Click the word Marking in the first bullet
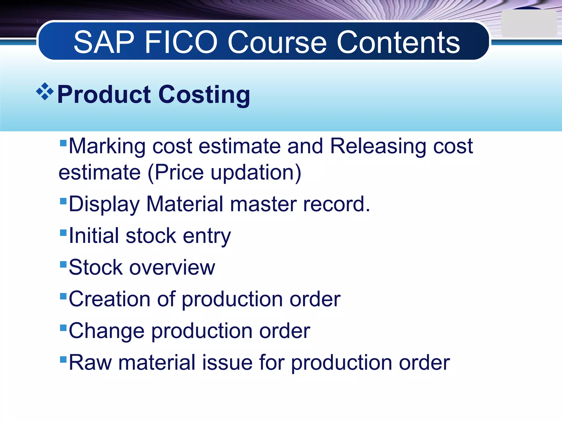click(107, 146)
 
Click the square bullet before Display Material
click(63, 201)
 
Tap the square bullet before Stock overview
click(63, 264)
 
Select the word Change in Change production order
click(106, 331)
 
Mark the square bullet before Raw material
click(63, 359)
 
